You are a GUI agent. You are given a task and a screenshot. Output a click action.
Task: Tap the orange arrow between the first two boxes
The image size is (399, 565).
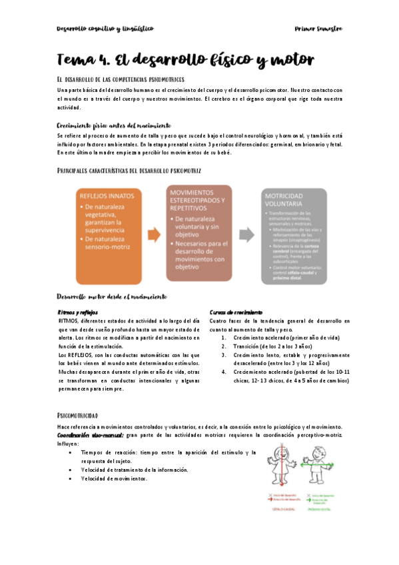pos(153,235)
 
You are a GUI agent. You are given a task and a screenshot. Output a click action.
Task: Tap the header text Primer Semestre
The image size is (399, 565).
pos(318,29)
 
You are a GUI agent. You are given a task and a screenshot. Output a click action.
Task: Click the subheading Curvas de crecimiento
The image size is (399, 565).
pos(235,312)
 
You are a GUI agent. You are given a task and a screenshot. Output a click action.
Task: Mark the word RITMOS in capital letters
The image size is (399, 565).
pos(68,320)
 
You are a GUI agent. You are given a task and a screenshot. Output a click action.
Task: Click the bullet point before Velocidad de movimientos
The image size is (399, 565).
pos(71,478)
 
